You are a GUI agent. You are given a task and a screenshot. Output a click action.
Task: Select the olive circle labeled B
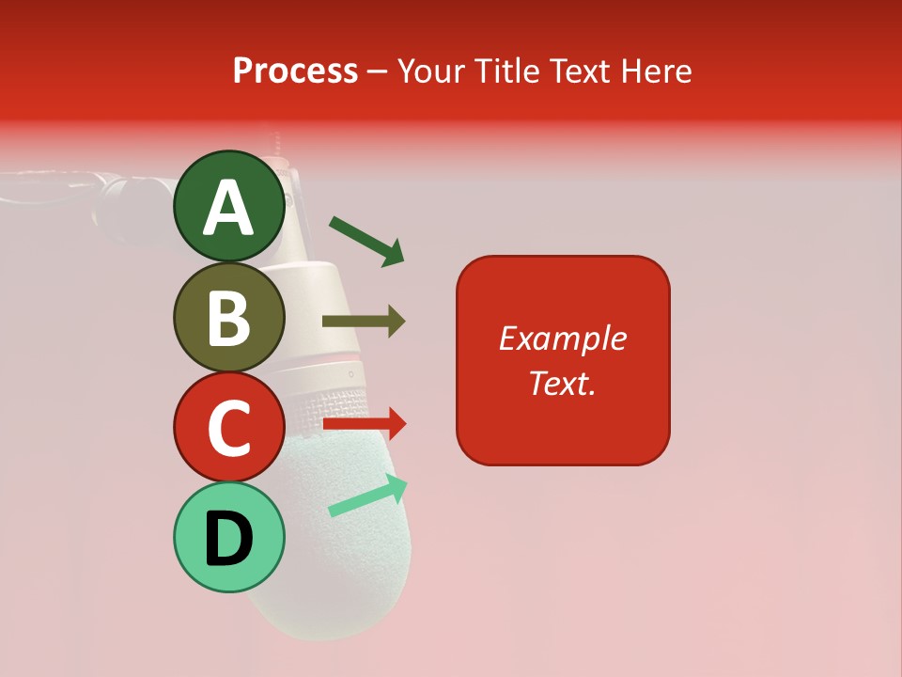point(228,317)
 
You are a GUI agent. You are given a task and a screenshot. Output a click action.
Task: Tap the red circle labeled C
point(228,427)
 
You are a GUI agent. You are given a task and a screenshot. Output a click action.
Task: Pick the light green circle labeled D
point(228,537)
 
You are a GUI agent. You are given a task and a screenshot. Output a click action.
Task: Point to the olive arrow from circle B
point(364,322)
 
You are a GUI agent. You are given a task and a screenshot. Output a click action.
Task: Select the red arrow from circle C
point(365,425)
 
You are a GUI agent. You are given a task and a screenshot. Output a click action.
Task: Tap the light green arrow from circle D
point(369,496)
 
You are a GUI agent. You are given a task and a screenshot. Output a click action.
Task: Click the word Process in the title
point(295,71)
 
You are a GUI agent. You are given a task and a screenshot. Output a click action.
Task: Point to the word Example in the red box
point(562,338)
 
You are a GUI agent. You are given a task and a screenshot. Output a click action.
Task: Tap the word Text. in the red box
point(562,383)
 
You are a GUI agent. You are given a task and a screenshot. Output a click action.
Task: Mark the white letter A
point(228,208)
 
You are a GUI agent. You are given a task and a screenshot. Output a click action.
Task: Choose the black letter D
point(228,540)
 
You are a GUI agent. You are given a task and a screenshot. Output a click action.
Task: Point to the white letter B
point(228,318)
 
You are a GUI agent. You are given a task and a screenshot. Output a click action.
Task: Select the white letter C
point(228,428)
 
